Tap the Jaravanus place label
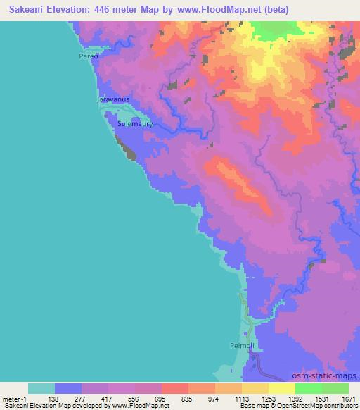[x=111, y=100]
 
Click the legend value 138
[x=54, y=399]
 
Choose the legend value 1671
[x=347, y=399]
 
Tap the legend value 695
[x=161, y=399]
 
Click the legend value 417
[x=108, y=399]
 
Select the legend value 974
[x=214, y=399]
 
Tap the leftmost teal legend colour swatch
[x=41, y=388]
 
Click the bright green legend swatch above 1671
[x=335, y=388]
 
